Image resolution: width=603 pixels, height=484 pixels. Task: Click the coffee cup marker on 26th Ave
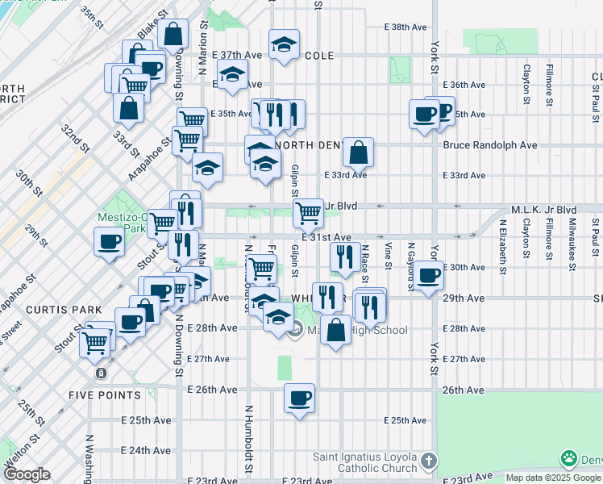[299, 398]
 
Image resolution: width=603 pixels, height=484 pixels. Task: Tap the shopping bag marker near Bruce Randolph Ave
[358, 151]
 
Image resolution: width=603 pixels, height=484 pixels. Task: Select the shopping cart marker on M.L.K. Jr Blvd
[308, 213]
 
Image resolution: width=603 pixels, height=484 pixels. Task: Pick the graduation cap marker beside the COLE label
[283, 47]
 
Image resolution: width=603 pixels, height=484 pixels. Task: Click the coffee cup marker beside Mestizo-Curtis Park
[109, 241]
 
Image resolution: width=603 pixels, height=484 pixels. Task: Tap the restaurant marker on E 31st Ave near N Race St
[344, 257]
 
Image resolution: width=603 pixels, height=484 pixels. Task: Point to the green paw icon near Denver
[570, 459]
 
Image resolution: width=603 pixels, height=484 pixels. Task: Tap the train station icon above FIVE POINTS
[100, 373]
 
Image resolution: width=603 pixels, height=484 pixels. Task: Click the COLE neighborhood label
[320, 56]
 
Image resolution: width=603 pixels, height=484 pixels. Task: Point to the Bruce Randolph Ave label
[489, 145]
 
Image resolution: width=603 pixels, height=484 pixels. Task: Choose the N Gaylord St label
[410, 256]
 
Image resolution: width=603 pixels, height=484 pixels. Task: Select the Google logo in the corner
[27, 474]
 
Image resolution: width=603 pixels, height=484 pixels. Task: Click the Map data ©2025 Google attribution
[552, 478]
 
